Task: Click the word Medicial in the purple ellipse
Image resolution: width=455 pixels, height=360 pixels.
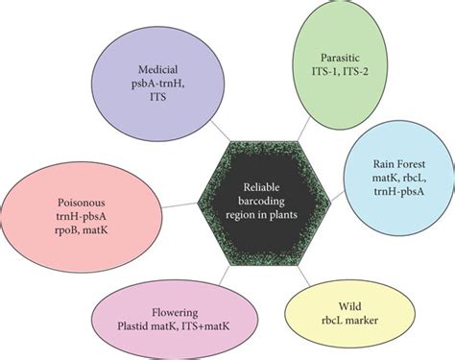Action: pos(155,70)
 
